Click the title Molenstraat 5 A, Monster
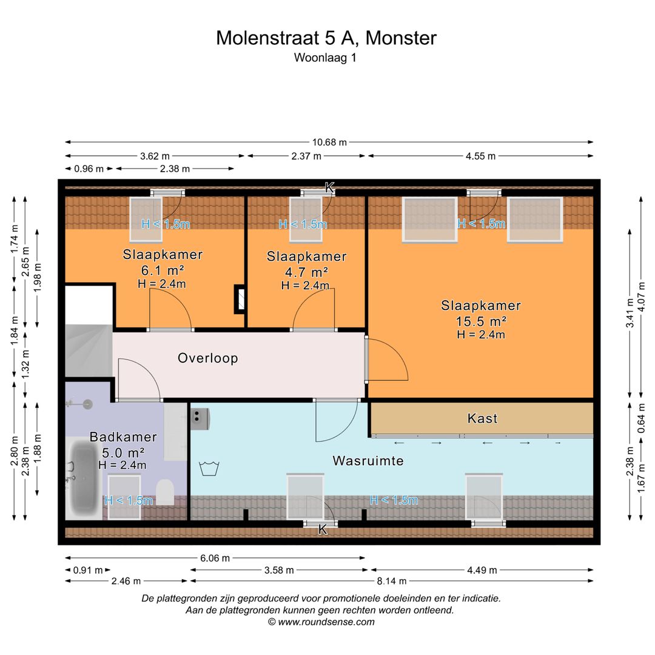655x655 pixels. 326,38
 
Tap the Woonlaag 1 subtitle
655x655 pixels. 325,58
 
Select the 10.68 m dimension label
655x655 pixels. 329,142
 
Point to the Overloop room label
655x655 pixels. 207,358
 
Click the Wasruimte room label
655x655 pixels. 368,461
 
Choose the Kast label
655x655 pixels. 483,418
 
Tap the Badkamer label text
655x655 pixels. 123,437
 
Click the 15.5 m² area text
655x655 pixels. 481,321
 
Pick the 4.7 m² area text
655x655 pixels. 306,272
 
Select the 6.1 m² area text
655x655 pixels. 163,270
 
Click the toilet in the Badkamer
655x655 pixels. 165,492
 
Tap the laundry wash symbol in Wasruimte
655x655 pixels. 209,469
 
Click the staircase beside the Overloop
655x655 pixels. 89,351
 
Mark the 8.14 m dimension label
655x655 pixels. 391,581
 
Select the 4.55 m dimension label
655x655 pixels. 480,156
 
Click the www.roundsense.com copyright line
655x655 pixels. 321,622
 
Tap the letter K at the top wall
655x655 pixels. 329,187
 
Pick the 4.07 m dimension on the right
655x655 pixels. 642,296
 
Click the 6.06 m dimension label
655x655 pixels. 215,558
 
